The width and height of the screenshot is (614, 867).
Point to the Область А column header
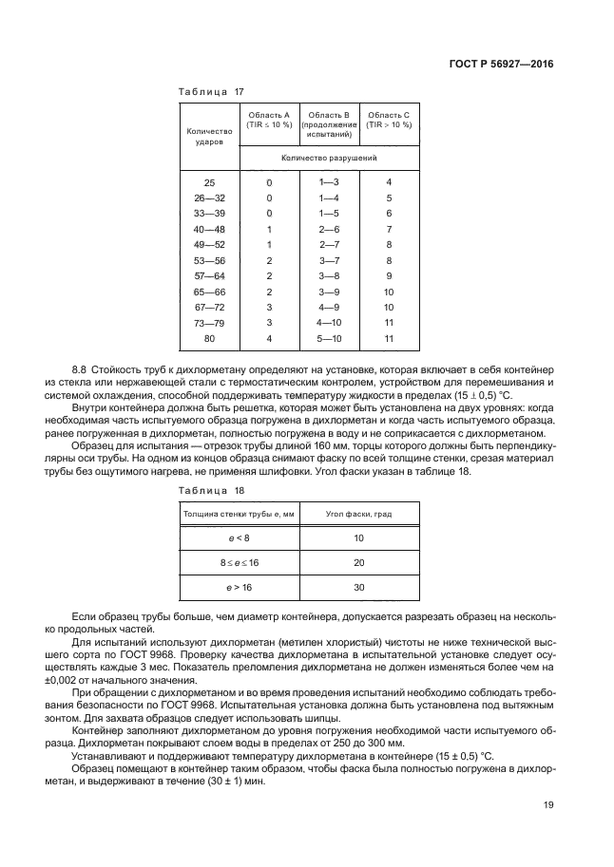[269, 120]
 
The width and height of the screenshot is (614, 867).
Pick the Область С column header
[389, 120]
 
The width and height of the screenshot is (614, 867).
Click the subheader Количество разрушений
[329, 158]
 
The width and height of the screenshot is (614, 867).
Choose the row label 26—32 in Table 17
[209, 198]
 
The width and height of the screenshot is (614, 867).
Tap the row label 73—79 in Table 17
[209, 322]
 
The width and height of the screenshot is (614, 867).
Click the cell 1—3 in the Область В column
[329, 181]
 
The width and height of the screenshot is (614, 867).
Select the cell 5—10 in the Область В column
[329, 338]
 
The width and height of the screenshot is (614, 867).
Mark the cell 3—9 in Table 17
[329, 292]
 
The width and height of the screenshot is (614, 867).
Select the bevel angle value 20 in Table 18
[359, 563]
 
